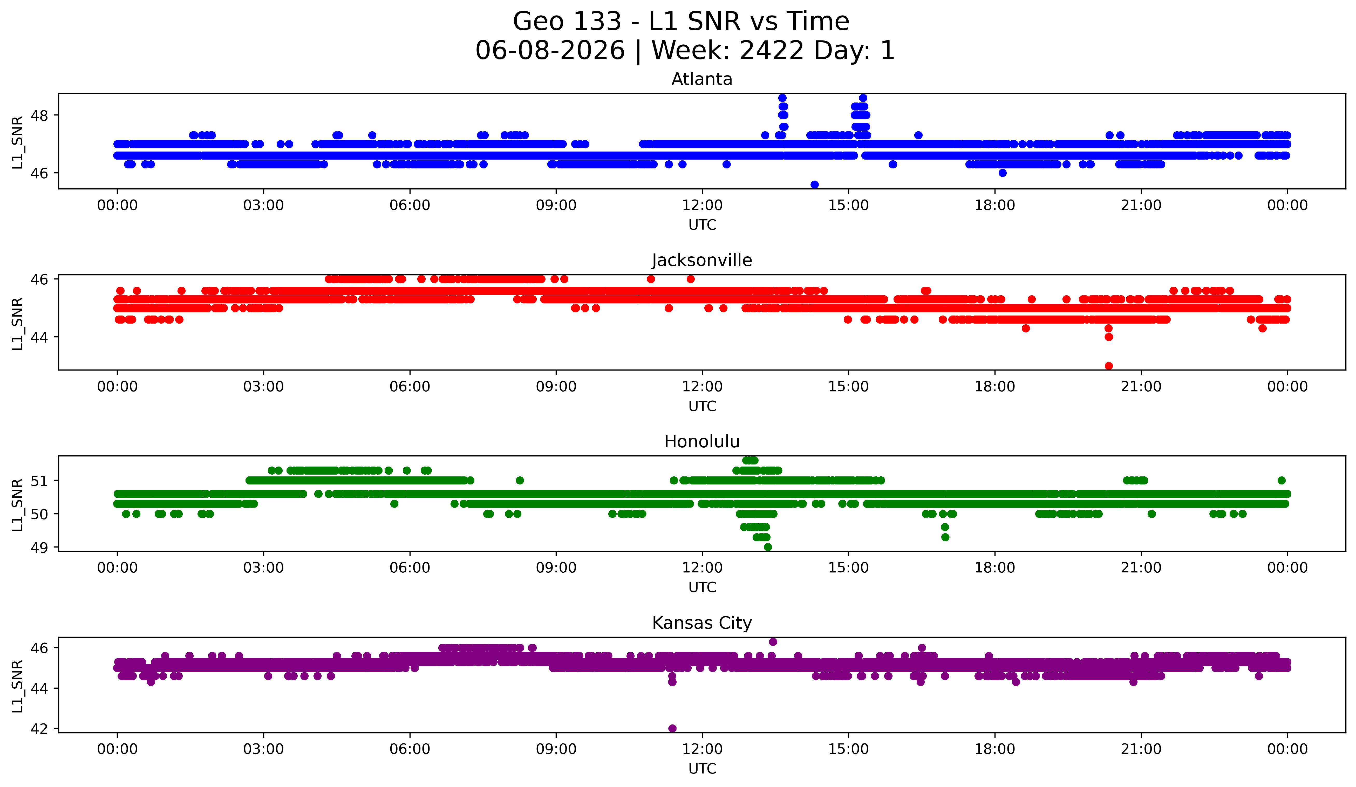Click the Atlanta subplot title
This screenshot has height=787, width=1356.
(x=702, y=79)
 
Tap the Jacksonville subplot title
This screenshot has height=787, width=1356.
(x=702, y=260)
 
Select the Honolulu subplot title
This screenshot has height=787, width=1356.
(x=702, y=442)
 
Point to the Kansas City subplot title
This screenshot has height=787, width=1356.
(x=702, y=623)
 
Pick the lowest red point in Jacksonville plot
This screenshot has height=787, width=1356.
(x=1108, y=366)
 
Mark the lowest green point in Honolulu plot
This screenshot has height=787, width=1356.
(x=768, y=547)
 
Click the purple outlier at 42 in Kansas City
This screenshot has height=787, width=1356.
(x=672, y=728)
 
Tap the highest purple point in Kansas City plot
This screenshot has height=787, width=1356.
(x=773, y=642)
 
